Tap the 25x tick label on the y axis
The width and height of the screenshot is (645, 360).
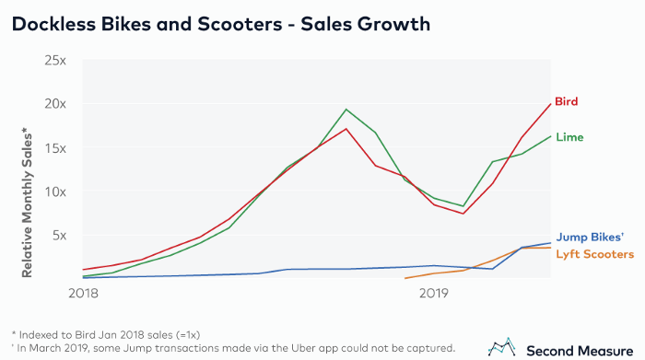(56, 61)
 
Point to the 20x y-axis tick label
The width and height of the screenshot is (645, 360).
(56, 104)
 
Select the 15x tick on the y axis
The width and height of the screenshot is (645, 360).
(56, 147)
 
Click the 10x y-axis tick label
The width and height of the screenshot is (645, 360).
(56, 192)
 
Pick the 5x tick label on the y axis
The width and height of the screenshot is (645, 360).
(60, 235)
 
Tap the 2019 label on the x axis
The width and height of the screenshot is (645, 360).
(433, 293)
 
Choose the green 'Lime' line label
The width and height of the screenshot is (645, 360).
(569, 137)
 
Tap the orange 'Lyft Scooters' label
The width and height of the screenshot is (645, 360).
(594, 253)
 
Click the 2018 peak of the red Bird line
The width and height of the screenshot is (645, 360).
(346, 128)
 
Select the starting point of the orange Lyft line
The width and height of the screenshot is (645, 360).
(405, 277)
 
